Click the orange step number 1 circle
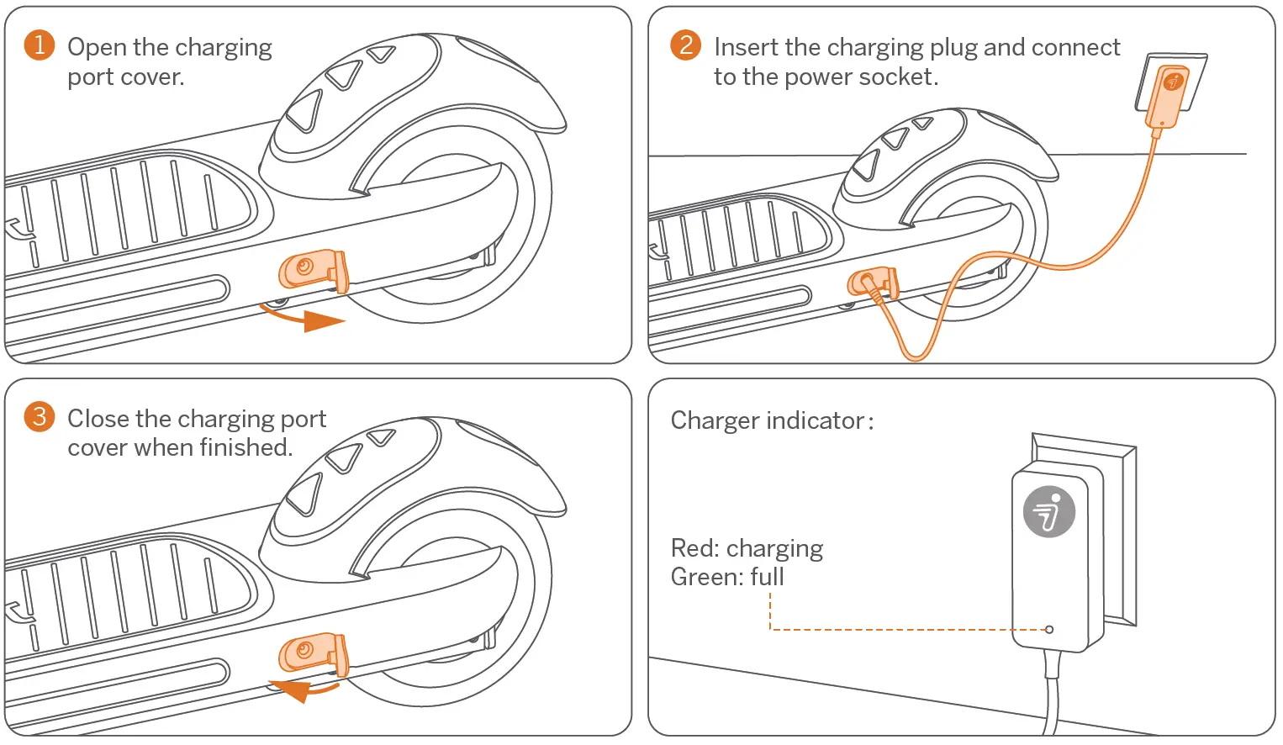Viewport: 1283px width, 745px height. (40, 45)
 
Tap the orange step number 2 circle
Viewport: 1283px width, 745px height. (685, 45)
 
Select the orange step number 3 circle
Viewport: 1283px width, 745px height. (40, 416)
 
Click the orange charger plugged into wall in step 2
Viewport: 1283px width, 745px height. (1169, 97)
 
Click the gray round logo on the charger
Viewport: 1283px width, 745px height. (1048, 511)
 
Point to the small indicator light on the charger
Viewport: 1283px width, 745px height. (1048, 629)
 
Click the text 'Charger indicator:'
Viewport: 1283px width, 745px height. (771, 420)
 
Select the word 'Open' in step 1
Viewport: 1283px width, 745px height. (97, 47)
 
